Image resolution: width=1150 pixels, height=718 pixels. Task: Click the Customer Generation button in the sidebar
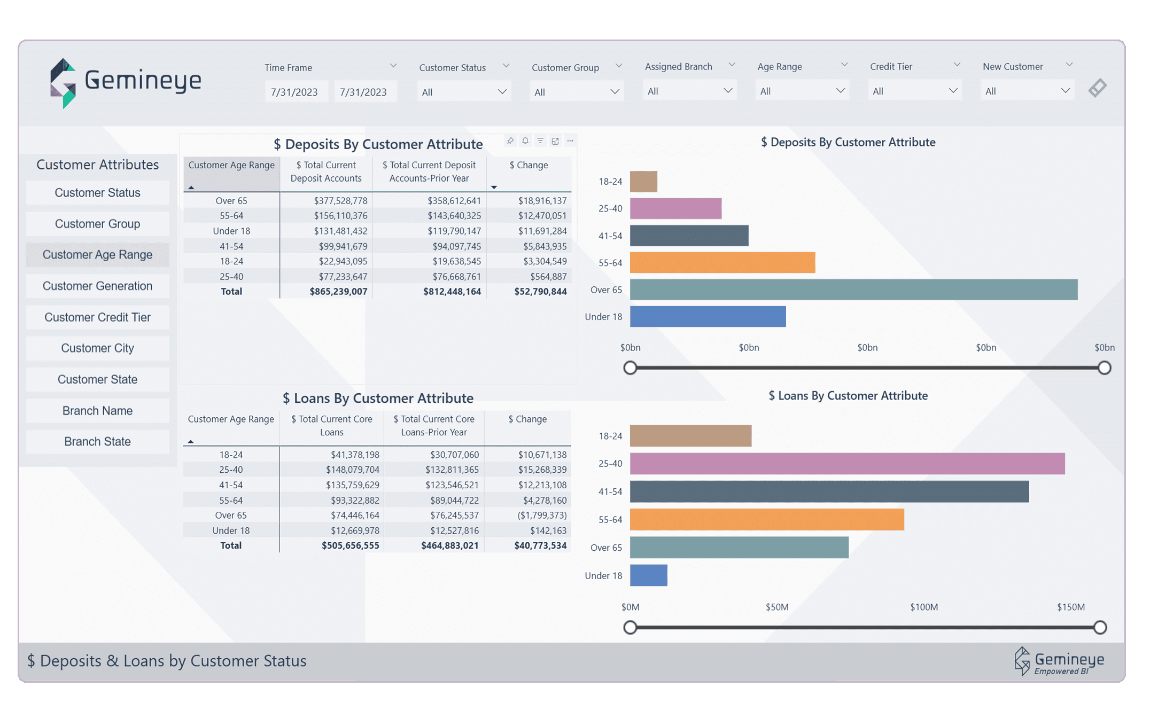[97, 286]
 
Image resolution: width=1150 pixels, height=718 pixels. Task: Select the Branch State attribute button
[97, 442]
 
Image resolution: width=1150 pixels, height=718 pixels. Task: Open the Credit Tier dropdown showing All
[914, 91]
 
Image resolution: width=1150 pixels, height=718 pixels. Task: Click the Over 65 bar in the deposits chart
[853, 290]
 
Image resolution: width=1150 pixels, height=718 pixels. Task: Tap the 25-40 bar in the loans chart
[847, 464]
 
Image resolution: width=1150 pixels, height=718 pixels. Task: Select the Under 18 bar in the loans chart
[648, 575]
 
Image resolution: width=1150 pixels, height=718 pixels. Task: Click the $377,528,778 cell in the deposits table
[340, 201]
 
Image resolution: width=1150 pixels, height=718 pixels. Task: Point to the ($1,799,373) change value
[541, 516]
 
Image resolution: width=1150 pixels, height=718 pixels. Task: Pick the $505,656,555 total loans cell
[350, 545]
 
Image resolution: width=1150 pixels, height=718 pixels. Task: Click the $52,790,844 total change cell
[540, 292]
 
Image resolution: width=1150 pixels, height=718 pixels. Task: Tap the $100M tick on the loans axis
[923, 607]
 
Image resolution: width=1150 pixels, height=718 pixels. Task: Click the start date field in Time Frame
[294, 92]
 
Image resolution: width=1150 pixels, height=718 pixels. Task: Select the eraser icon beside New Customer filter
[1097, 88]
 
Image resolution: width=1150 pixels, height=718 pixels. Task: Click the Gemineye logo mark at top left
[63, 83]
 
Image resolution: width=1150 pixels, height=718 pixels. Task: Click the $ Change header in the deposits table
[528, 165]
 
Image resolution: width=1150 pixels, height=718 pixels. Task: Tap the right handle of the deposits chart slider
[1104, 368]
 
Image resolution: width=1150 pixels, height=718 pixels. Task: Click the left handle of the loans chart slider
[630, 627]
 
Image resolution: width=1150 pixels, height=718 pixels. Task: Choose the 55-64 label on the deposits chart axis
[610, 263]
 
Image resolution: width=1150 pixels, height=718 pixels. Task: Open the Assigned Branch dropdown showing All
[689, 91]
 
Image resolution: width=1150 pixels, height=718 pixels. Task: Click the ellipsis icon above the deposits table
[570, 141]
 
